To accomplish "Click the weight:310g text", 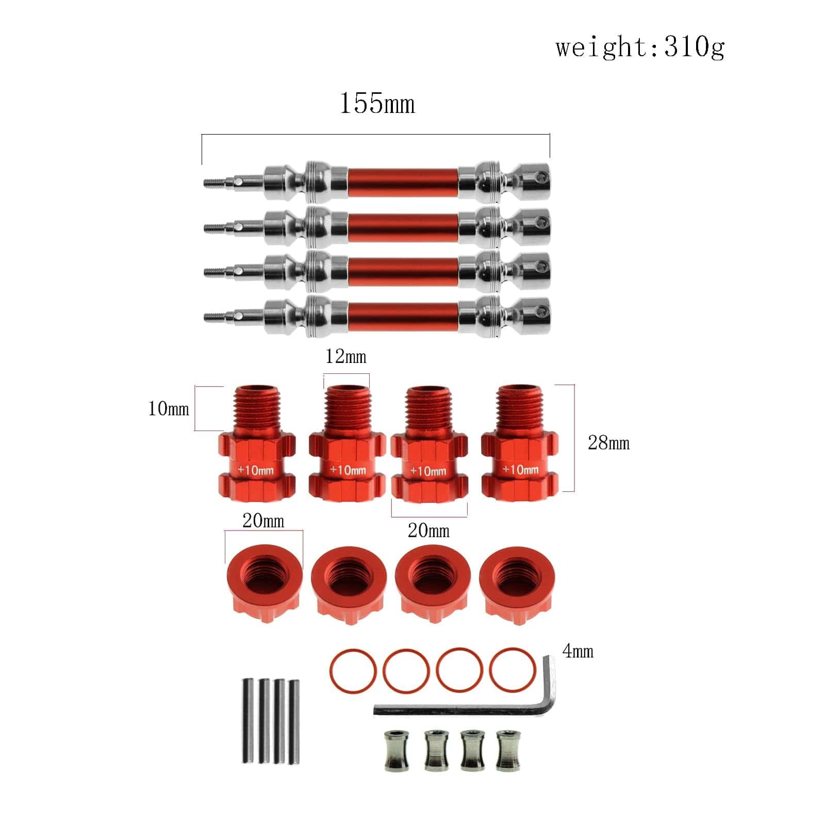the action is [x=640, y=48].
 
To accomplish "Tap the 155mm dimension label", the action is [x=377, y=103].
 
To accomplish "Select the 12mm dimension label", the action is [x=346, y=356].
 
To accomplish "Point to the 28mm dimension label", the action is [x=609, y=443].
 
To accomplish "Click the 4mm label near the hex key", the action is [x=578, y=651].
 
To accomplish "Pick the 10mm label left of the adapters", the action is [x=169, y=409].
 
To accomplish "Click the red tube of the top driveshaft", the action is [x=403, y=182].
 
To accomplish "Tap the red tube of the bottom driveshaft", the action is [x=403, y=316].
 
